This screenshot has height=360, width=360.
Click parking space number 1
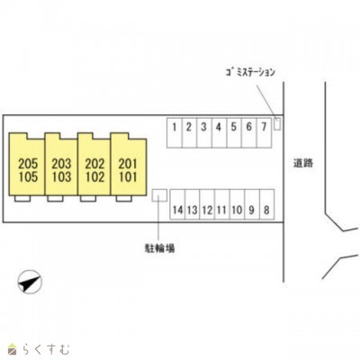[175, 132]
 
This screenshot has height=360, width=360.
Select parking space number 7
[264, 132]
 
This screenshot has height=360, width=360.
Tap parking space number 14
[177, 204]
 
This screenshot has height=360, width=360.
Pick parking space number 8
[266, 204]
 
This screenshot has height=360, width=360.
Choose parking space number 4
[220, 132]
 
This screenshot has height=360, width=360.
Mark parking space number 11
[222, 204]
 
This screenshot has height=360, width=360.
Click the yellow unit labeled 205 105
[27, 165]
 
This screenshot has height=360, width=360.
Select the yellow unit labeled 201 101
[129, 165]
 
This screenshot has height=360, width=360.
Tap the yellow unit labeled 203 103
[61, 165]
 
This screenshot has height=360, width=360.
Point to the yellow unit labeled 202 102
[94, 165]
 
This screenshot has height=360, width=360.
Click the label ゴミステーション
[250, 72]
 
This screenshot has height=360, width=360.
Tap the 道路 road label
[303, 163]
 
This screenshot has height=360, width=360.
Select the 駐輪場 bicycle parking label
[159, 248]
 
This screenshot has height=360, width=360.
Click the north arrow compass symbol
[30, 282]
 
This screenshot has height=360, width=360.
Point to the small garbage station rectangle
[277, 124]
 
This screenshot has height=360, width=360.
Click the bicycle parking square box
[159, 195]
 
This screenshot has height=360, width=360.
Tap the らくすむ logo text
[44, 350]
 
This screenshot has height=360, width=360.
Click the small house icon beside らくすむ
[12, 349]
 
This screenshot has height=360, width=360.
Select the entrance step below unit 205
[22, 199]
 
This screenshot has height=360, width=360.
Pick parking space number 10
[237, 204]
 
